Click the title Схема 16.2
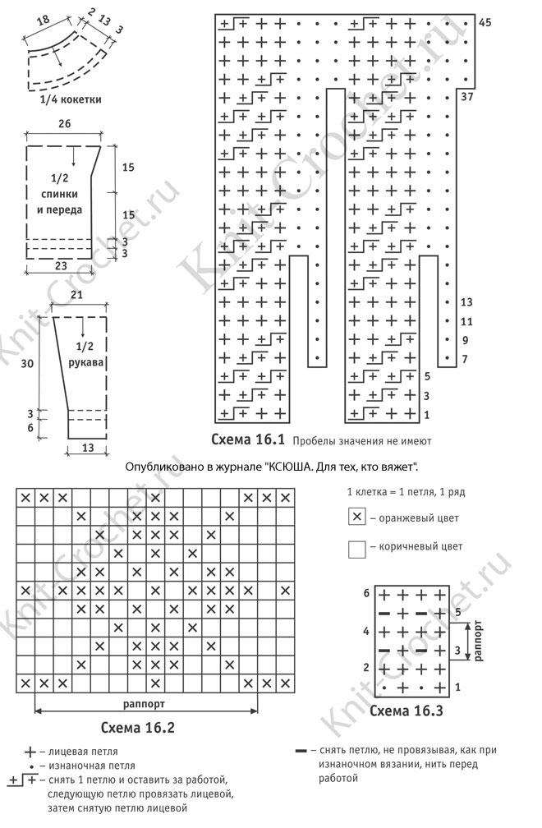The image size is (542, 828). pos(137,727)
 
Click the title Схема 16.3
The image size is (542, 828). pos(407,711)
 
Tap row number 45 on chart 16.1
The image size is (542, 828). pos(485,22)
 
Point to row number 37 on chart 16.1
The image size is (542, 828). pos(467,97)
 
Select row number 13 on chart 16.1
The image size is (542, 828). pos(467,302)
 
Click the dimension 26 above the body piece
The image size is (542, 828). pos(65,124)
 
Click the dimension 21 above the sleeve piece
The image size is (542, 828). pos(79,295)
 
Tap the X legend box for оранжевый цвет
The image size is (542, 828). pos(356,517)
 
